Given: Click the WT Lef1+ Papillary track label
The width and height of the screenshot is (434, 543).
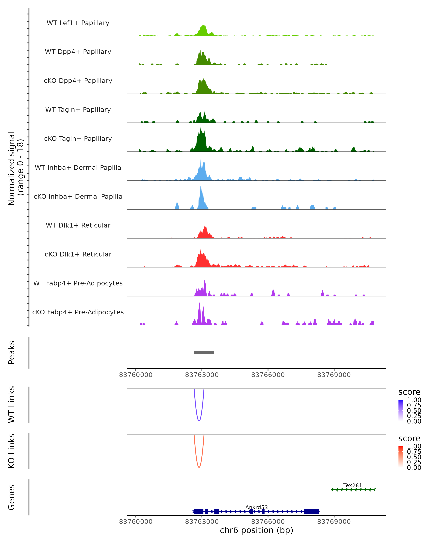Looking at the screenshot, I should point(78,23).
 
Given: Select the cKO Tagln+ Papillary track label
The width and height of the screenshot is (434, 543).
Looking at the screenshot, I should point(78,138).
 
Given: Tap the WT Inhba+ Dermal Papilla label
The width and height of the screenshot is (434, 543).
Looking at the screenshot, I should point(78,167).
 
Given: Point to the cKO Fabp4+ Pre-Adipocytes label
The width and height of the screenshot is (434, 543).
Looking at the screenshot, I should point(78,312).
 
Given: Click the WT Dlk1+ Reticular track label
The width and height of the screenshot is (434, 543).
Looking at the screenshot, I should point(78,225).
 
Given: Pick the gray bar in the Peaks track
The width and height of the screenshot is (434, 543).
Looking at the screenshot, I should point(204,353).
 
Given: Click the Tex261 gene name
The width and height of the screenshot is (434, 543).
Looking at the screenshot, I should point(352,485).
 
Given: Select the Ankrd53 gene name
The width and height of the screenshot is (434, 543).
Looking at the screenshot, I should point(256,507).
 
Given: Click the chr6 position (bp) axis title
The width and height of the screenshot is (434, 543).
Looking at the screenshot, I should point(256,530).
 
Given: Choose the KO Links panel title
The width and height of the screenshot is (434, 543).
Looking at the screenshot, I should point(12,451).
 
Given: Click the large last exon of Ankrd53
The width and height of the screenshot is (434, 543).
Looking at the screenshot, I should point(311,511).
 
